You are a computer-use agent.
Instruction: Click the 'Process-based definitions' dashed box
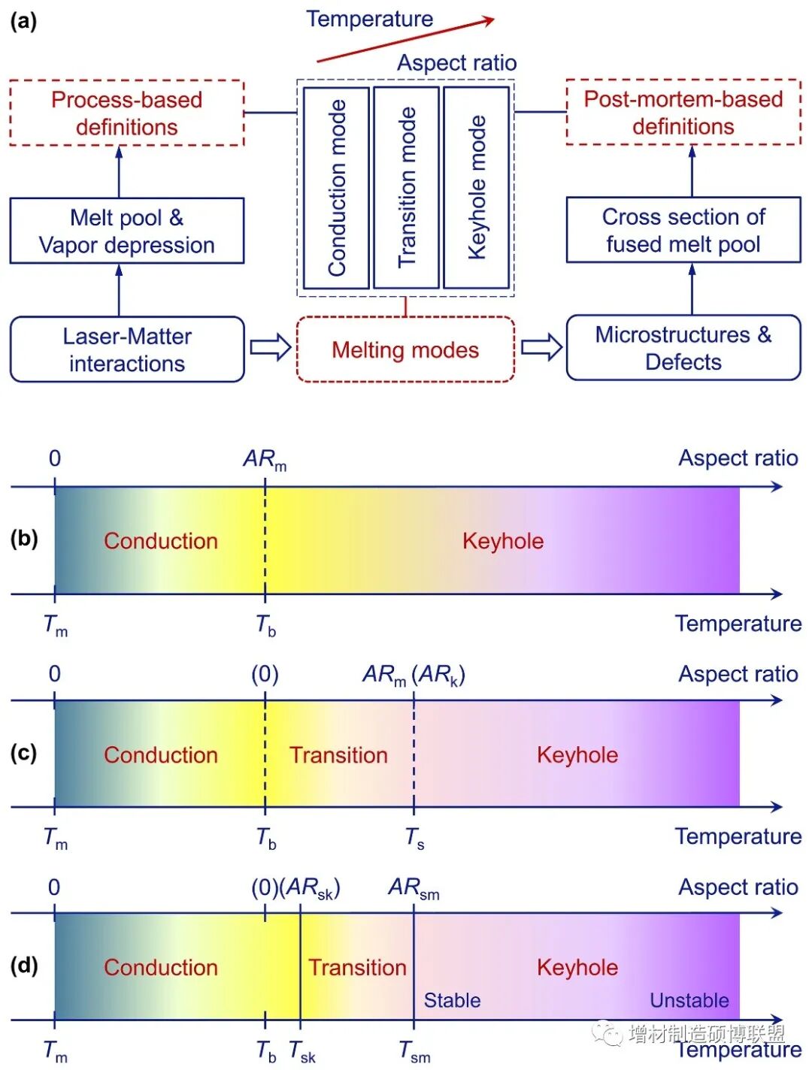(126, 113)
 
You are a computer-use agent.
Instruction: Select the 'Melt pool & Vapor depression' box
(126, 231)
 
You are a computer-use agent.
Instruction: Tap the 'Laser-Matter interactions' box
(126, 349)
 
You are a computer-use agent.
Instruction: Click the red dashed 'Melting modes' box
(405, 349)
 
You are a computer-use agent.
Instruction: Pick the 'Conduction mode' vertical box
(336, 188)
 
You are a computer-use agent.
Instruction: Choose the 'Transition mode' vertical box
(406, 188)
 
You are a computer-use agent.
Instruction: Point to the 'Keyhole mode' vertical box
(476, 188)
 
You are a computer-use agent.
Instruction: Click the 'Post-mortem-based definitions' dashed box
(683, 112)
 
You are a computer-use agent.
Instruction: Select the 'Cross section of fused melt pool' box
(683, 230)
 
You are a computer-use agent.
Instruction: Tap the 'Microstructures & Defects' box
(683, 348)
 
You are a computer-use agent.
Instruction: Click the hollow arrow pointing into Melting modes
(270, 347)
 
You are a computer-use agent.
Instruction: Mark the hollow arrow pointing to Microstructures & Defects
(541, 346)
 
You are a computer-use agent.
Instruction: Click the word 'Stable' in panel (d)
(452, 1000)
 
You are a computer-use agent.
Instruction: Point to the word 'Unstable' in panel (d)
(689, 1000)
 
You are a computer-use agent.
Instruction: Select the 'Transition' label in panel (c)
(338, 754)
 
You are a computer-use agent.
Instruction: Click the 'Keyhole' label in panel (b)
(502, 541)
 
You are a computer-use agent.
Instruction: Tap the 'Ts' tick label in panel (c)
(415, 838)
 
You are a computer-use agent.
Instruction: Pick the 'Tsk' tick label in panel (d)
(302, 1051)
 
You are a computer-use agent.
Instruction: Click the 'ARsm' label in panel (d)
(414, 888)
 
